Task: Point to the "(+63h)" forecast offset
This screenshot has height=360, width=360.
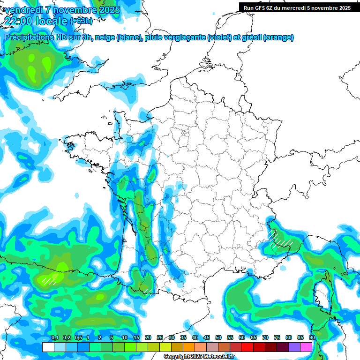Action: point(81,21)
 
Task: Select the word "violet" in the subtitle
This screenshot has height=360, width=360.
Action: point(218,37)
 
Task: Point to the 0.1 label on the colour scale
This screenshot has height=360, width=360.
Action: point(55,338)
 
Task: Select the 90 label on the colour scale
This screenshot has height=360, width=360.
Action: point(312,338)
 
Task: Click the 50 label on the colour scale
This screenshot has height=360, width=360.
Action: point(218,338)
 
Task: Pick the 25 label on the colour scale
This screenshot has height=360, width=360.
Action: point(160,338)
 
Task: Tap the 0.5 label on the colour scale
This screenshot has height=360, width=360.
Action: point(78,338)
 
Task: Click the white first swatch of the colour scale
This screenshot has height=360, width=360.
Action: point(48,347)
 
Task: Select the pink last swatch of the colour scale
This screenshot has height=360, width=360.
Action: point(306,347)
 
